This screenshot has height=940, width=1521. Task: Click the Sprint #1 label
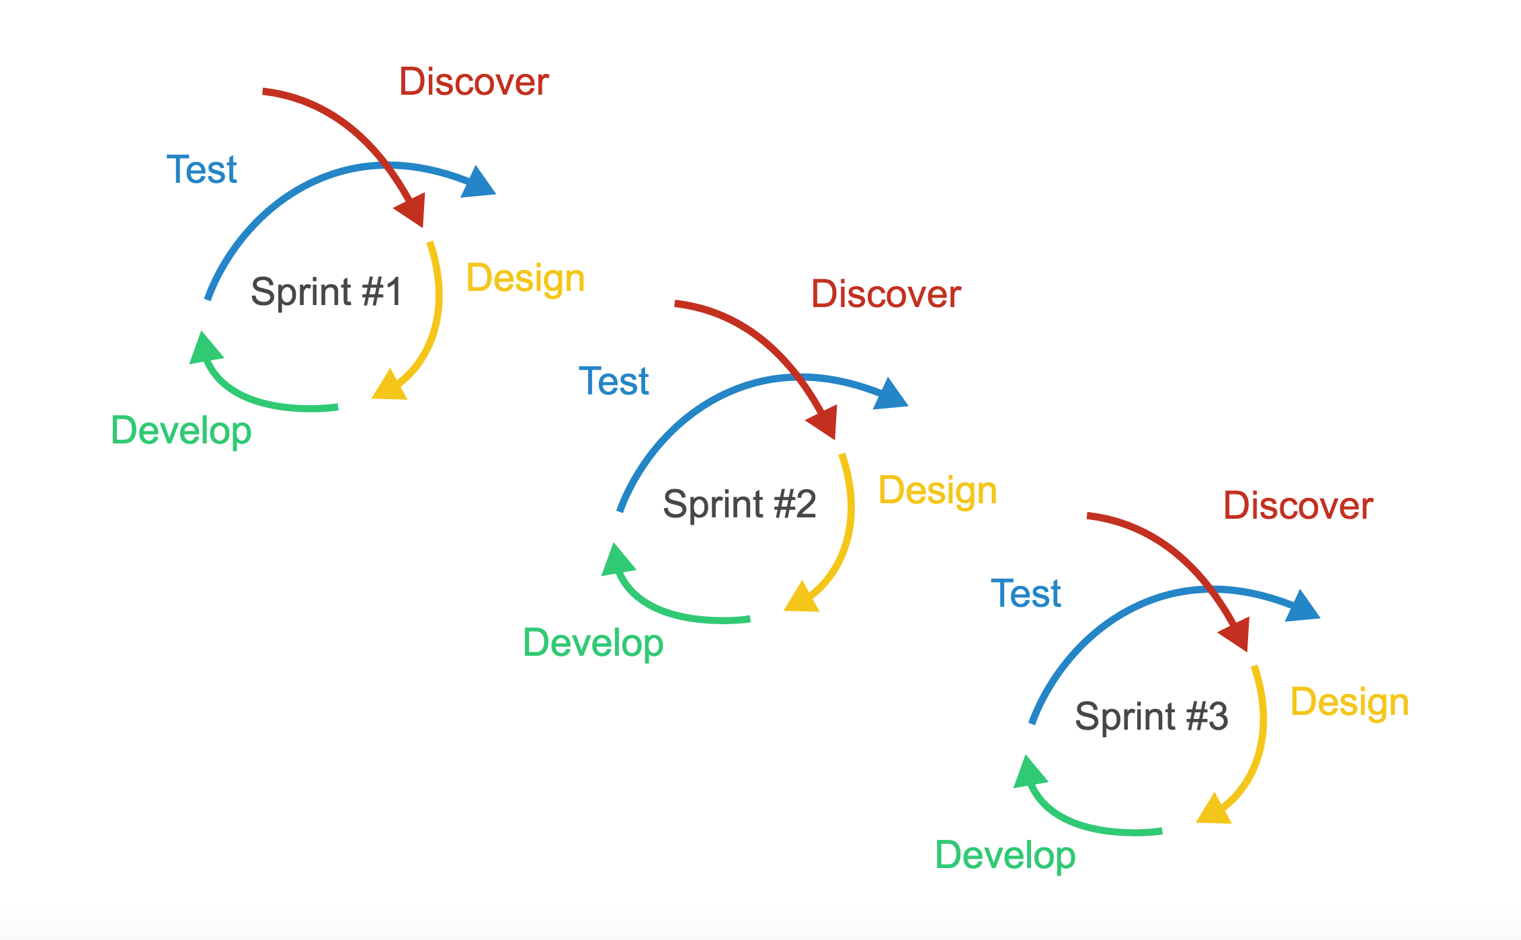pyautogui.click(x=326, y=292)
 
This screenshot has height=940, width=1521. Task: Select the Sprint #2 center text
pyautogui.click(x=739, y=504)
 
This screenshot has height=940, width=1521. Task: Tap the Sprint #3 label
pyautogui.click(x=1151, y=716)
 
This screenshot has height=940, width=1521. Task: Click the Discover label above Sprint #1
pyautogui.click(x=474, y=82)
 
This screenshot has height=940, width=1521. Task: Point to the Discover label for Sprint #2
pyautogui.click(x=886, y=294)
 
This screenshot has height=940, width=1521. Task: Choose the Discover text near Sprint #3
pyautogui.click(x=1298, y=506)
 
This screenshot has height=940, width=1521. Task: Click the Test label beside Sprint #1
pyautogui.click(x=202, y=169)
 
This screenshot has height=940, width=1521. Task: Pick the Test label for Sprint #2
pyautogui.click(x=614, y=382)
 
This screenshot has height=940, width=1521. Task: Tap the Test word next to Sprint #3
pyautogui.click(x=1026, y=594)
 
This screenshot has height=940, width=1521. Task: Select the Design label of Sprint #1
pyautogui.click(x=526, y=280)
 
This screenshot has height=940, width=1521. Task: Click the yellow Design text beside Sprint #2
pyautogui.click(x=938, y=491)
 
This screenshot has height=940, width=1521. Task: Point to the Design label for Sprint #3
pyautogui.click(x=1350, y=703)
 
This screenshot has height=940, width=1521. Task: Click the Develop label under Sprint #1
pyautogui.click(x=181, y=432)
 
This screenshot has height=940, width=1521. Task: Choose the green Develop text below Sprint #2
pyautogui.click(x=593, y=644)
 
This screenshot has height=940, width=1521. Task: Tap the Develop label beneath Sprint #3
pyautogui.click(x=1005, y=856)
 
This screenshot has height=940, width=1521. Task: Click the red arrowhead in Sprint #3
pyautogui.click(x=1236, y=636)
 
